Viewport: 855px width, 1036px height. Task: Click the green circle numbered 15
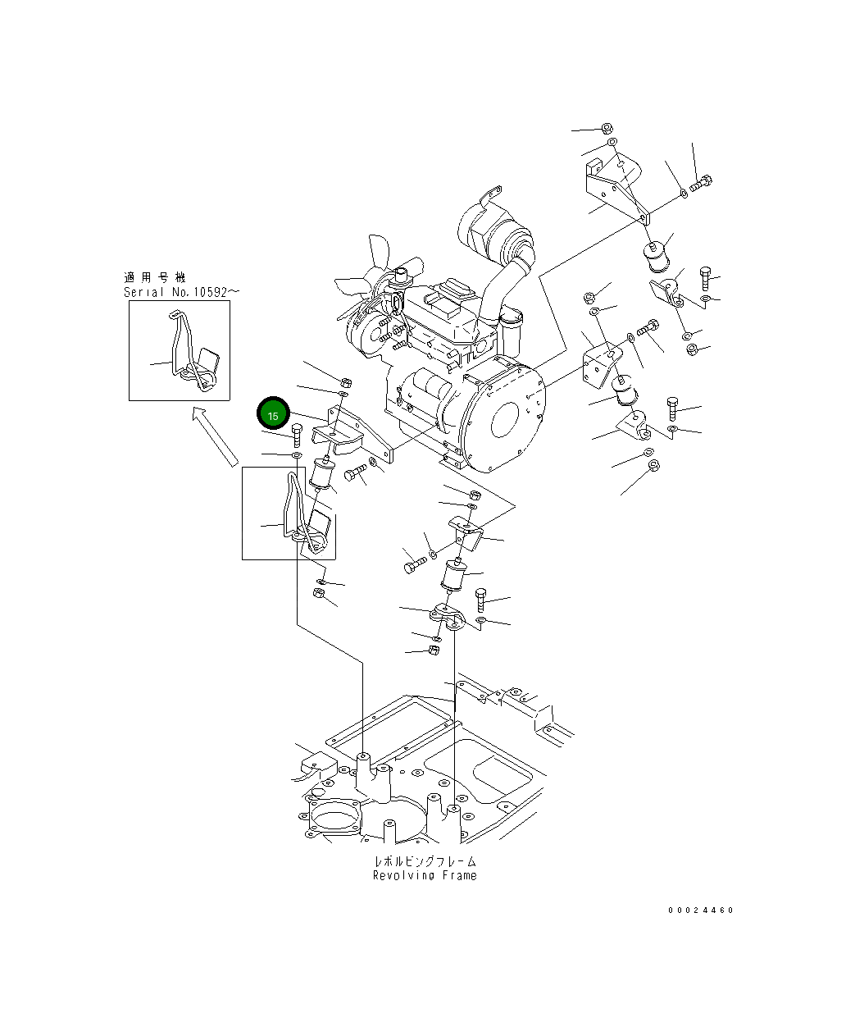click(273, 413)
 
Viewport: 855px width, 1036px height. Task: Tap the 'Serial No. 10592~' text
click(181, 292)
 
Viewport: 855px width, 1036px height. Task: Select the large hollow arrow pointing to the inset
click(215, 436)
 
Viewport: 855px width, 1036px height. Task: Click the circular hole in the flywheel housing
click(504, 419)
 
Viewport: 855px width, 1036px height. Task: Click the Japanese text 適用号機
click(154, 277)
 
